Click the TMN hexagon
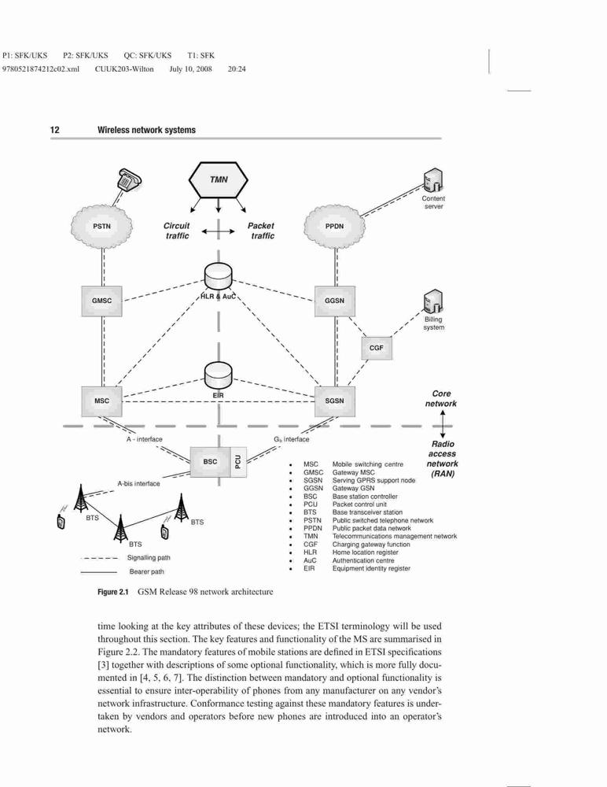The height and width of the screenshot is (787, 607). pos(219,179)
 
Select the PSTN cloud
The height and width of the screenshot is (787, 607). pos(102,227)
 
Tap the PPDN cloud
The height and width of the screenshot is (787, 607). pos(335,227)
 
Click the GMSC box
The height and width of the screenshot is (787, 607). pos(102,301)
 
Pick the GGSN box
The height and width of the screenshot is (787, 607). pos(335,301)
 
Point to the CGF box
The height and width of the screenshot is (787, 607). pos(377,348)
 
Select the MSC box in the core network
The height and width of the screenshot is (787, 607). pos(102,401)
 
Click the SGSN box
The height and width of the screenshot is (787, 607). pos(335,401)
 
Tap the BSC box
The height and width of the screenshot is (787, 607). pos(210,461)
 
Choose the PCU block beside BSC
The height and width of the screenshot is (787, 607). pos(238,461)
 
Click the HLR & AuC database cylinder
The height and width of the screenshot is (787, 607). pos(219,278)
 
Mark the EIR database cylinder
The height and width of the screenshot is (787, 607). pos(219,377)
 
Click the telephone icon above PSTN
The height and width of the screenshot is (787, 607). pos(129,179)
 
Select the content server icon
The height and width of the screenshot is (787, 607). pos(432,180)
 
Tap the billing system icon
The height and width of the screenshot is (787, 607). pos(433,302)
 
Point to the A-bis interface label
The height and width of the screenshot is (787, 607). pos(138,484)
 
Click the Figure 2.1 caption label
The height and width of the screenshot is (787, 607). pos(113,592)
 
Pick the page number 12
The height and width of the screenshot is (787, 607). pos(55,130)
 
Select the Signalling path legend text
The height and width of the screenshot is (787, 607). pos(149,558)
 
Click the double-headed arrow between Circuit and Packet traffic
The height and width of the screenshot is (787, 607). pos(219,231)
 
